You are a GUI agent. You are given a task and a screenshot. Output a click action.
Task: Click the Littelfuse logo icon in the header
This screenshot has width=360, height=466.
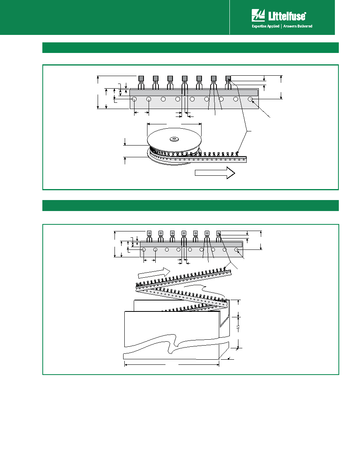(258, 15)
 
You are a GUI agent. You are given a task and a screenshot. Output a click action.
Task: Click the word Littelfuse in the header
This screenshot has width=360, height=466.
(287, 16)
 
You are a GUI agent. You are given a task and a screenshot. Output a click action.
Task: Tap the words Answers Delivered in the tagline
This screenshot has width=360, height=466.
(298, 26)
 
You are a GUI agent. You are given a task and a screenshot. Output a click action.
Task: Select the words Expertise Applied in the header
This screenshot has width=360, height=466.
(265, 26)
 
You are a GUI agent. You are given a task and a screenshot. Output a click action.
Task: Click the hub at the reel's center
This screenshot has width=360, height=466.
(174, 139)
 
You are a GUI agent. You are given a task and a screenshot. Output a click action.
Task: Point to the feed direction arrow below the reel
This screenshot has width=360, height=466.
(215, 173)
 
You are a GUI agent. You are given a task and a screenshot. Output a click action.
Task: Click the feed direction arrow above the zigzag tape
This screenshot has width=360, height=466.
(154, 273)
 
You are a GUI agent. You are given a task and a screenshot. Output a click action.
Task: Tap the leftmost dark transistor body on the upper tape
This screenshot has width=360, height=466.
(141, 78)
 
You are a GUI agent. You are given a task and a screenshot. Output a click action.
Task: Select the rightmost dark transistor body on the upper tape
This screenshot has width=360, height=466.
(228, 78)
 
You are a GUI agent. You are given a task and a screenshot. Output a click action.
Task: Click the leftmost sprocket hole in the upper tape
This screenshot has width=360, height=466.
(134, 99)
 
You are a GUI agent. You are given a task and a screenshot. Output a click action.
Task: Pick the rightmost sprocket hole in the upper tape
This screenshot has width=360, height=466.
(251, 99)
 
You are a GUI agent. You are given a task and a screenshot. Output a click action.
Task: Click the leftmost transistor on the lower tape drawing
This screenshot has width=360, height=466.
(149, 236)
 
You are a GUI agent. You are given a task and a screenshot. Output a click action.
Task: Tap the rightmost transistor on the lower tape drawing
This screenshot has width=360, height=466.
(218, 236)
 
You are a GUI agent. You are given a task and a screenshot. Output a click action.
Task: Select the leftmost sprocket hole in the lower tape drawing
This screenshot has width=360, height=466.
(144, 249)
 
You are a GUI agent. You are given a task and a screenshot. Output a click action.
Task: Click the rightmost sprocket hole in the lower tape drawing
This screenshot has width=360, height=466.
(236, 249)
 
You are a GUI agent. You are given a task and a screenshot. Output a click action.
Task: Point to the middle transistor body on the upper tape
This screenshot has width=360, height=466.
(185, 78)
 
